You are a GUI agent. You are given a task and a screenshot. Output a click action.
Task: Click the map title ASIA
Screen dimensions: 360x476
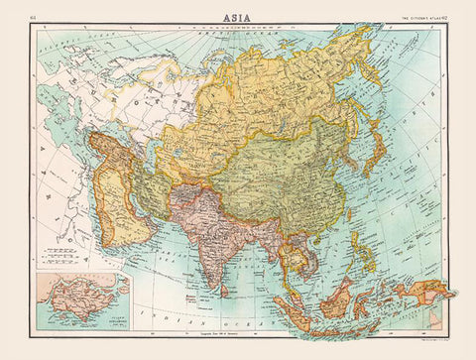coord(238,11)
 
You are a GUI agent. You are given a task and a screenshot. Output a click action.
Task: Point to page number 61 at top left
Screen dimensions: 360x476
coord(34,12)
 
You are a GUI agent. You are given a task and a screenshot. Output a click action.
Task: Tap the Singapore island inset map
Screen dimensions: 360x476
coord(79,300)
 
